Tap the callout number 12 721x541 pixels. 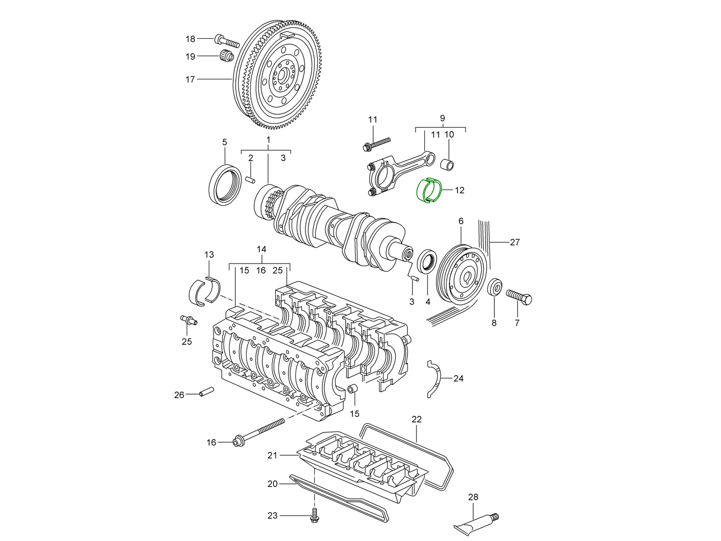[x=459, y=190]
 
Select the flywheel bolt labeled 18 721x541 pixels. [x=228, y=41]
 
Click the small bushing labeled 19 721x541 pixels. [x=227, y=57]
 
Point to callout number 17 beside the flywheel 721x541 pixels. [x=190, y=79]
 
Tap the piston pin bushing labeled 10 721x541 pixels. [x=447, y=165]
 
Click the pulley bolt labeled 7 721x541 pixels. [x=519, y=296]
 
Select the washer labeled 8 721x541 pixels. [x=495, y=287]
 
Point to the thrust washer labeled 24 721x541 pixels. [x=434, y=379]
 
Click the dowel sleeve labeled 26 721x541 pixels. [x=206, y=392]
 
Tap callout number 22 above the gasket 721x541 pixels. [x=416, y=419]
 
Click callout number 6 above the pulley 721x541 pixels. [x=461, y=221]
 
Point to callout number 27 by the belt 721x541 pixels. [x=515, y=242]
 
